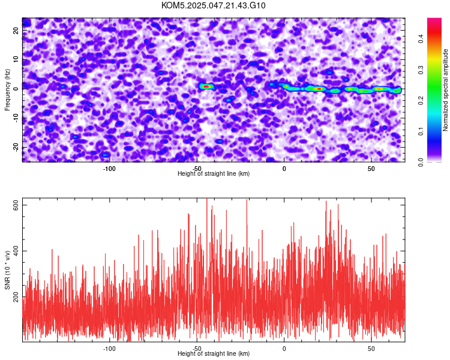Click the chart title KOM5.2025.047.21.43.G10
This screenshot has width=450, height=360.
213,5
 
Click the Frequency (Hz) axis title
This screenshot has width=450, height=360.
7,90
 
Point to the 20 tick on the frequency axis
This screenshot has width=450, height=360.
16,31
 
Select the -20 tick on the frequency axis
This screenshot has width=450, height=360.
16,147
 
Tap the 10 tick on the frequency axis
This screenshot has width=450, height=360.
16,60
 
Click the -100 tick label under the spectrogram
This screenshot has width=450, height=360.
109,169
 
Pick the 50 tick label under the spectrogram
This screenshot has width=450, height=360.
371,169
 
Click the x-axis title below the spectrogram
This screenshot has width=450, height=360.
214,173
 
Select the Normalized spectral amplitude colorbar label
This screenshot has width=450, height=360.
445,90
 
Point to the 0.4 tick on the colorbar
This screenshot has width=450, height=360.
421,38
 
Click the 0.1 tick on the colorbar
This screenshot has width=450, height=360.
421,131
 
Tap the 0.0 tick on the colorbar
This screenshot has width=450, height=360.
421,163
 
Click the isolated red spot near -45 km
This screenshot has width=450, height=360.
206,86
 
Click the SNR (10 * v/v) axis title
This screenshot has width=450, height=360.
7,270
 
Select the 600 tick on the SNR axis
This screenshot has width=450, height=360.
16,205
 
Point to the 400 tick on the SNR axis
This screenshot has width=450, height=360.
16,251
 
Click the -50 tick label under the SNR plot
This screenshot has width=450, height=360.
197,349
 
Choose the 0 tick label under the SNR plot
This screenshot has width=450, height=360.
284,349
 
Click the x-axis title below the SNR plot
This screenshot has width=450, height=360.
214,353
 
